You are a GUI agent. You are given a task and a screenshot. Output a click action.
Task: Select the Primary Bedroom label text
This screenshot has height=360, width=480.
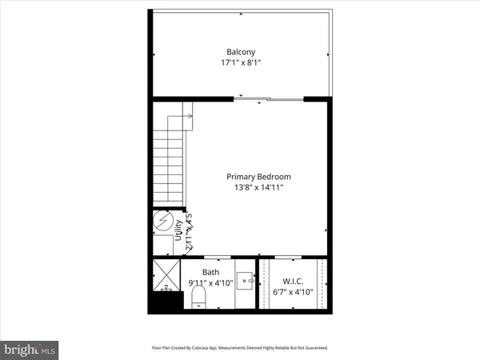(258, 176)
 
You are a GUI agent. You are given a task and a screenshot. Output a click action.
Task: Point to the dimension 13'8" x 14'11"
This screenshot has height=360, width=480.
(258, 187)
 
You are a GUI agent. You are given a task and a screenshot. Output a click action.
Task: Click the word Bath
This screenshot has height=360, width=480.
(210, 272)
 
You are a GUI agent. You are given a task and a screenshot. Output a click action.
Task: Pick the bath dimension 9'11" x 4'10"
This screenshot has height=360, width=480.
(210, 282)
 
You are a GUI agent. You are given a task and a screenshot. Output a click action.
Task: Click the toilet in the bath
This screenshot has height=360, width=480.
(200, 298)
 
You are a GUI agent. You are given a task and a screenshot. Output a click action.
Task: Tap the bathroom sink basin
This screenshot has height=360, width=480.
(246, 281)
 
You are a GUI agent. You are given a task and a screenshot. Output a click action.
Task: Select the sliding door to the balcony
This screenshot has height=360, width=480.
(268, 99)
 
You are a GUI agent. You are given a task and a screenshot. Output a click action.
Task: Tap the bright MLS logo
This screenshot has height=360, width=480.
(30, 349)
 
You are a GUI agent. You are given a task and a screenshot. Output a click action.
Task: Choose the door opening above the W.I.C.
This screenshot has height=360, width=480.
(288, 258)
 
